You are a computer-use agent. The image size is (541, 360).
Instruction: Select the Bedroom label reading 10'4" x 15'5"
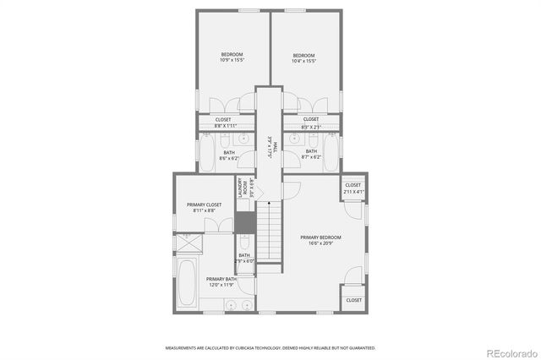[x=303, y=58]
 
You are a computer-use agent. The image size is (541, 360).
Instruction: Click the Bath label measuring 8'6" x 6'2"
[x=229, y=155]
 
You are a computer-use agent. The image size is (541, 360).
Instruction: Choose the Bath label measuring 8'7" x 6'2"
[x=311, y=155]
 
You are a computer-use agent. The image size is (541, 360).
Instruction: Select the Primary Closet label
[x=204, y=208]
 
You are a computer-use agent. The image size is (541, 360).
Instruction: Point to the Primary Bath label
[x=221, y=282]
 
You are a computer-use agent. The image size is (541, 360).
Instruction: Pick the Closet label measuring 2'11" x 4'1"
[x=352, y=188]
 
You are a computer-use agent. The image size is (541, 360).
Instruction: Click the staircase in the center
[x=269, y=233]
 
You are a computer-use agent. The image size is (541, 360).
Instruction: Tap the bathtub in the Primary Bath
[x=187, y=285]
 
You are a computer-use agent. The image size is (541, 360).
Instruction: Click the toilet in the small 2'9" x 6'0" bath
[x=244, y=243]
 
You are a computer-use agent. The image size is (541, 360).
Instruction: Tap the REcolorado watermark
[x=509, y=352]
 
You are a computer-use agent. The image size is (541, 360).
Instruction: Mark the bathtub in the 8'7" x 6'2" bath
[x=331, y=155]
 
